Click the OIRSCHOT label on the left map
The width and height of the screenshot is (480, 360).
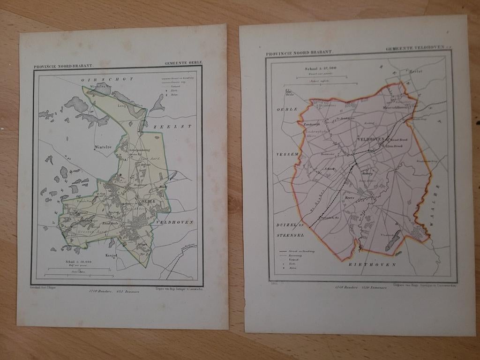click(x=107, y=80)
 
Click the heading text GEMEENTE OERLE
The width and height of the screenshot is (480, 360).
click(x=183, y=63)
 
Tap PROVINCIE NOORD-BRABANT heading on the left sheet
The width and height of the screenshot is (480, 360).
click(x=64, y=67)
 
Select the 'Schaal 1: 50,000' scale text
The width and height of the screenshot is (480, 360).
click(x=78, y=262)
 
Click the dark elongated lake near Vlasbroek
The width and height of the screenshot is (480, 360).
click(x=392, y=240)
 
